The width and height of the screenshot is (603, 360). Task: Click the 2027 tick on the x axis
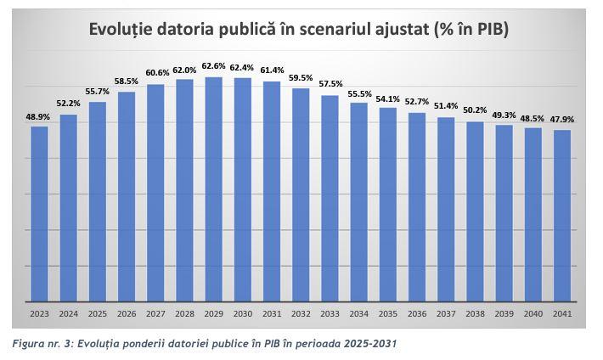(x=155, y=313)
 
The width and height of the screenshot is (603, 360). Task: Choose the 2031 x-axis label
(x=272, y=313)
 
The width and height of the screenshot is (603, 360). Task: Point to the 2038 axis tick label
(x=476, y=313)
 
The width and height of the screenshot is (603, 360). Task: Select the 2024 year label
(x=69, y=313)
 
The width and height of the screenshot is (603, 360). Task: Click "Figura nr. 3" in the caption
(x=42, y=344)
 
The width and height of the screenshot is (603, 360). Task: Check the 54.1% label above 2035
(x=388, y=98)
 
